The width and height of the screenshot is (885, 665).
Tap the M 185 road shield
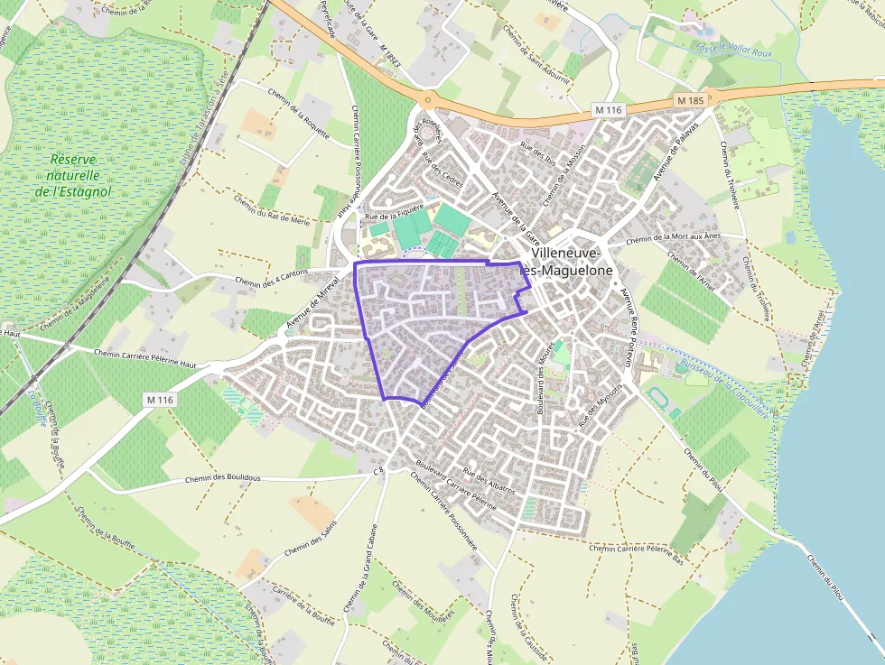688,98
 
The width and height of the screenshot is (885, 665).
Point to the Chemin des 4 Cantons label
271,277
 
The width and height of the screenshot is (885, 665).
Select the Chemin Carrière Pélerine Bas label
638,549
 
